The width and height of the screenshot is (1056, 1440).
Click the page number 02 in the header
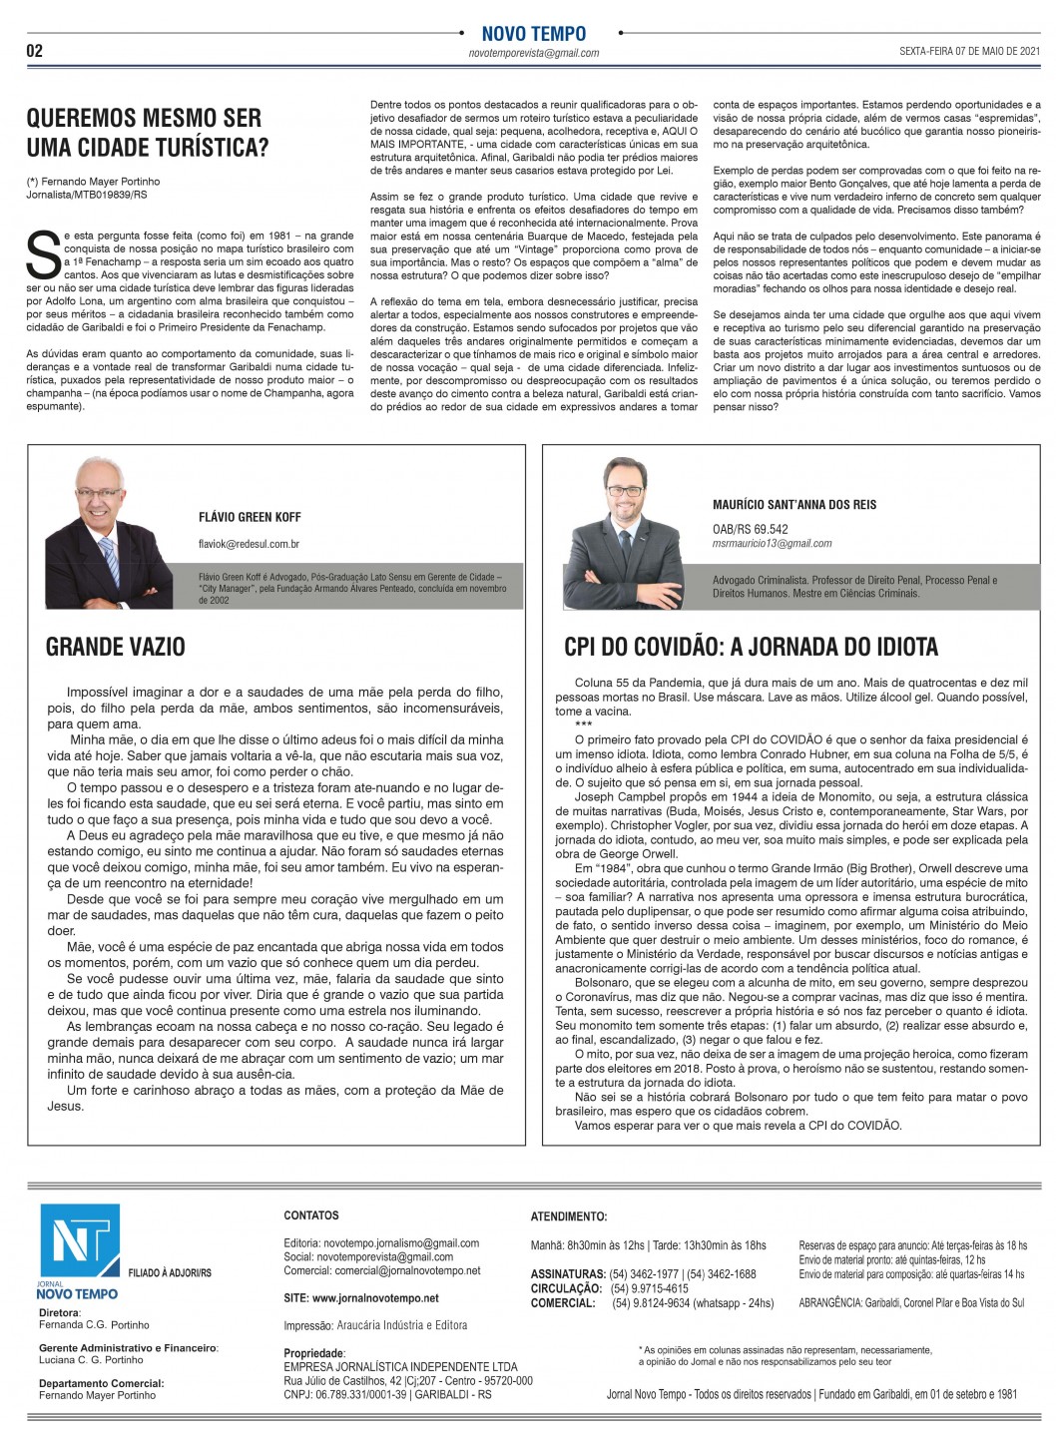coord(35,51)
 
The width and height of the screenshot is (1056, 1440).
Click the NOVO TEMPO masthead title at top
coord(534,34)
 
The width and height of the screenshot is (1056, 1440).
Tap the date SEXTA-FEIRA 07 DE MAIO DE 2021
coord(969,52)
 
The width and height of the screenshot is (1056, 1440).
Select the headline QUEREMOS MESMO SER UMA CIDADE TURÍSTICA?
coord(147,133)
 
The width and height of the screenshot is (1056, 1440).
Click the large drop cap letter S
coord(42,256)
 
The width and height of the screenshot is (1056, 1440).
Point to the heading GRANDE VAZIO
coord(116,647)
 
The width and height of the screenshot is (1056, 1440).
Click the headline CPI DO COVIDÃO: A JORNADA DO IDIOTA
coord(751,647)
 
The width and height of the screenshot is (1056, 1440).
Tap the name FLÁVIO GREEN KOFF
coord(250,517)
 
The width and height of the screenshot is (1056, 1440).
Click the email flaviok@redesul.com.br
coord(249,544)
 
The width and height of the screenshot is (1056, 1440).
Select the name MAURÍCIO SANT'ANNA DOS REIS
coord(794,505)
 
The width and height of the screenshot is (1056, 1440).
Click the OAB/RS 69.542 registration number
coord(750,529)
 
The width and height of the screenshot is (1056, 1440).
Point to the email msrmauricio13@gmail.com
coord(772,544)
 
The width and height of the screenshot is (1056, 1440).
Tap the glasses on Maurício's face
coord(626,491)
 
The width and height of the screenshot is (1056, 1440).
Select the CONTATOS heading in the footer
coord(311,1215)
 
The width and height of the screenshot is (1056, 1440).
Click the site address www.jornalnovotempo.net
coord(361,1298)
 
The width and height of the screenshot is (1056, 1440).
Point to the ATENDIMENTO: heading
coord(568,1216)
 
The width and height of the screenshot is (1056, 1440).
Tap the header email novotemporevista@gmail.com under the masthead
coord(534,54)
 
